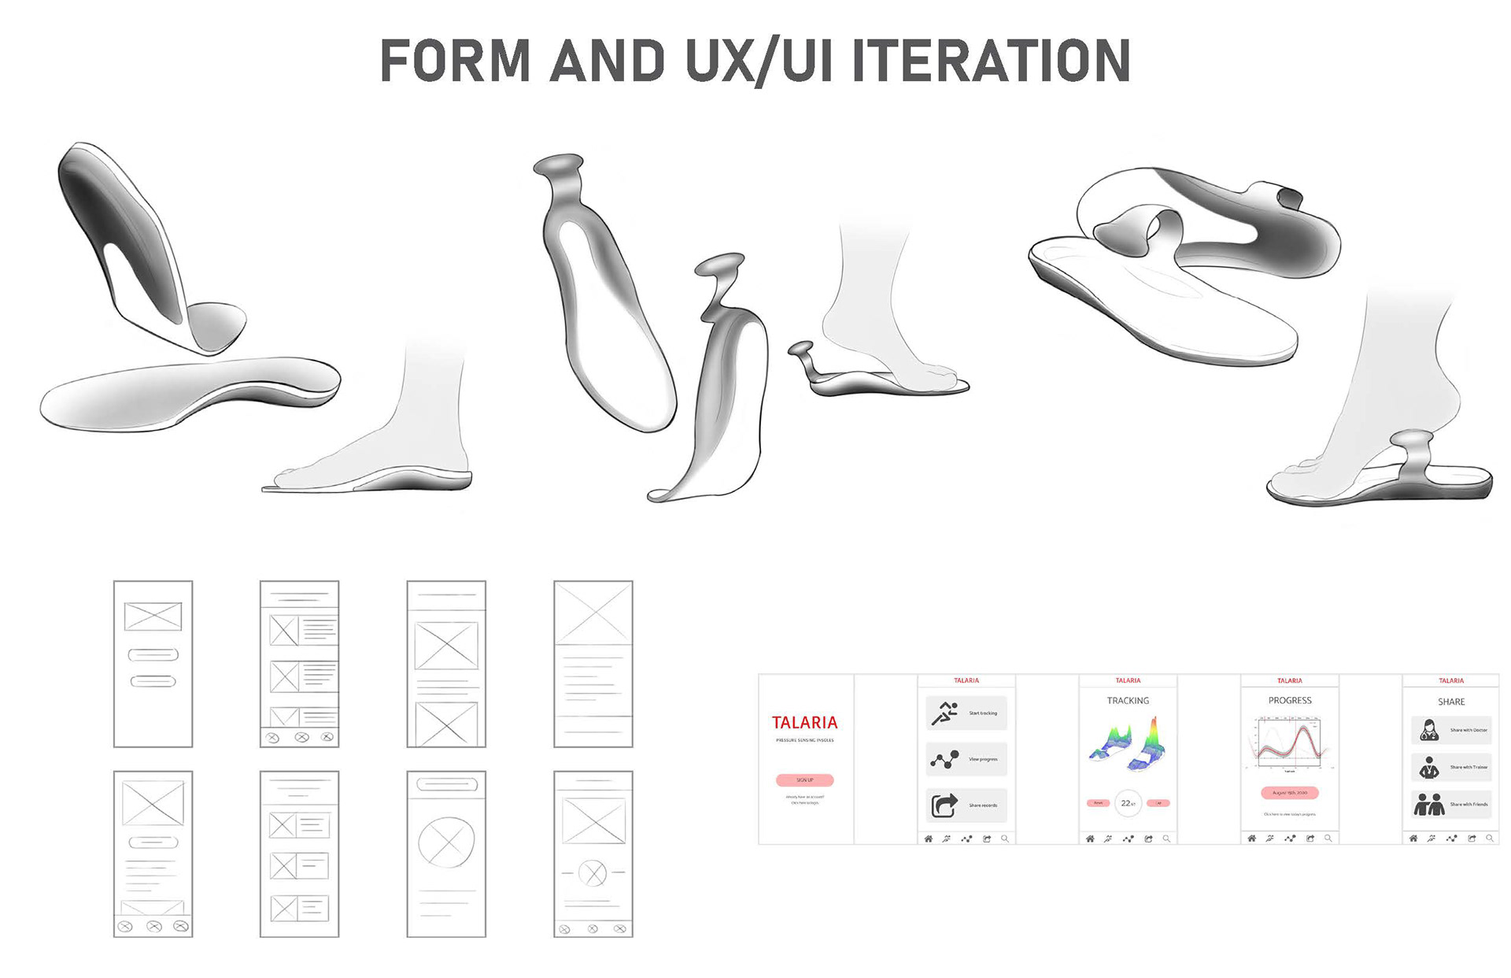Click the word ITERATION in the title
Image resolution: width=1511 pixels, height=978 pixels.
click(992, 61)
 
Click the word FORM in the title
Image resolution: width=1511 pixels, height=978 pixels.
click(455, 61)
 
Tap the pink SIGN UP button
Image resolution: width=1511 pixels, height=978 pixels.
click(804, 780)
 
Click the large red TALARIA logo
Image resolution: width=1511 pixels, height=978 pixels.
click(804, 722)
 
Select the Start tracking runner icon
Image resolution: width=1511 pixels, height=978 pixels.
click(944, 713)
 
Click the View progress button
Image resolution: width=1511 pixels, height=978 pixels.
click(966, 759)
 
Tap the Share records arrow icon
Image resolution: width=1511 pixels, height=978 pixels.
click(944, 805)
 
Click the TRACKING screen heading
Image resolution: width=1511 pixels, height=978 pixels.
click(1128, 700)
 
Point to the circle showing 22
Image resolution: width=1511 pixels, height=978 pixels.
click(1128, 802)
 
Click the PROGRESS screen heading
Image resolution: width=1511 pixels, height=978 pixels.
click(1290, 700)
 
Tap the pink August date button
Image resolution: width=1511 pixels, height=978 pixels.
click(1289, 793)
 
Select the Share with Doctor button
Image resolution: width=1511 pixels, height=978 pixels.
click(1451, 730)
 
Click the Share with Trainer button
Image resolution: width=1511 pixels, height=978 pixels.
click(1451, 767)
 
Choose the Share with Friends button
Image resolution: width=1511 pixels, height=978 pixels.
click(1451, 804)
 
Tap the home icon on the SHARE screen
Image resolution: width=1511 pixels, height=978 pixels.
click(1413, 839)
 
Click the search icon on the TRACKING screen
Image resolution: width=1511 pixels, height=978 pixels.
click(1166, 839)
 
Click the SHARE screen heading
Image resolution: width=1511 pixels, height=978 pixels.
click(1451, 702)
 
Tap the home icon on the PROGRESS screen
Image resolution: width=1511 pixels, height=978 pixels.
click(1251, 839)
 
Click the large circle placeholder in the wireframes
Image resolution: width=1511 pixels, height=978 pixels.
click(446, 842)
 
